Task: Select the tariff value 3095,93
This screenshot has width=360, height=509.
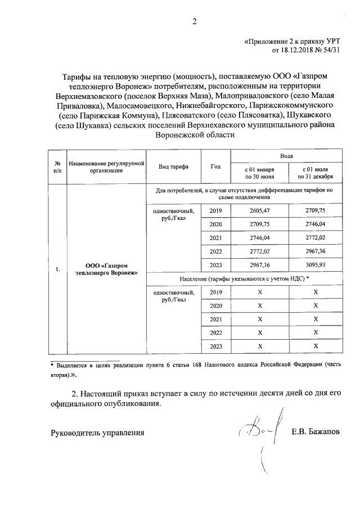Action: point(315,265)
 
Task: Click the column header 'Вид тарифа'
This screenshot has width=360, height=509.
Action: point(173,167)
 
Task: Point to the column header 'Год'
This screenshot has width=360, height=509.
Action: point(215,167)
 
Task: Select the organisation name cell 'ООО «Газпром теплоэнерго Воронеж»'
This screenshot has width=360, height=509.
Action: point(106,269)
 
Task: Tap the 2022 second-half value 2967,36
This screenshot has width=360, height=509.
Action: point(315,251)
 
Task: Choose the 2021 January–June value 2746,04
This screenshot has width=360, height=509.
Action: point(260,237)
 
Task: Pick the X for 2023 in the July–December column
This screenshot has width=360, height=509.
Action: point(315,346)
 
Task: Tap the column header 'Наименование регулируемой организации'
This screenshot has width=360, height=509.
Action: point(106,167)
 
